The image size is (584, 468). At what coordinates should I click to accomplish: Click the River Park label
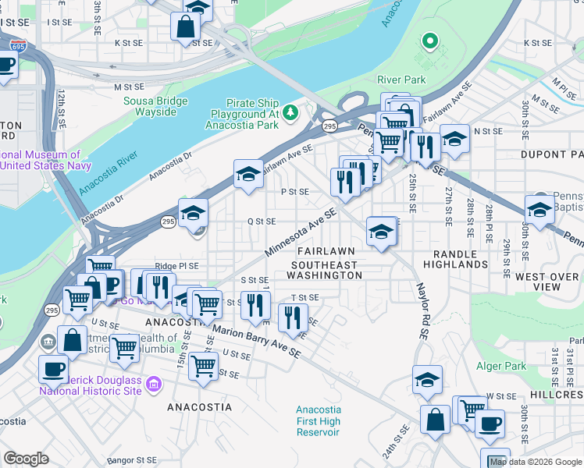coord(401,80)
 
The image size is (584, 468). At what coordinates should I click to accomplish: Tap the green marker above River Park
coord(429,41)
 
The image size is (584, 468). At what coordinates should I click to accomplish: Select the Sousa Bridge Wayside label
coord(155,106)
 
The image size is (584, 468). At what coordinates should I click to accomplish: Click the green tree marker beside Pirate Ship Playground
coord(290,114)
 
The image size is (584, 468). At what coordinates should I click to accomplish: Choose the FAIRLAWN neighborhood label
coord(326,251)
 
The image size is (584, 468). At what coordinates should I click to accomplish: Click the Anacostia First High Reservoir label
coord(318,421)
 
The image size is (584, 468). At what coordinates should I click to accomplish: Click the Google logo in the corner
coord(26,459)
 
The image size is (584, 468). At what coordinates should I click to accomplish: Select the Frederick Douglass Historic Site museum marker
coord(153,385)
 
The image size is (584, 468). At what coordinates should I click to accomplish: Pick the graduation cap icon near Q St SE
coord(193,211)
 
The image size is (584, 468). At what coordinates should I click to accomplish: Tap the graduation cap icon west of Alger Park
coord(427,380)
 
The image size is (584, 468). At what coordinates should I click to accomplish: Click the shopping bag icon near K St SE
coord(184,27)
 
